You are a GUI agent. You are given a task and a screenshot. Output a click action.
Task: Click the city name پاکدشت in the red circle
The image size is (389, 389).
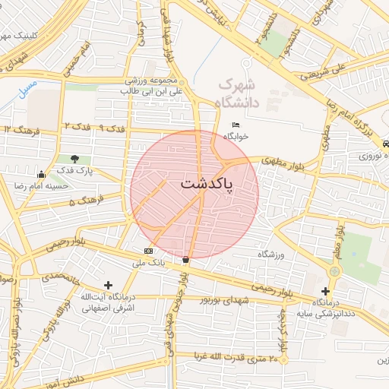click(x=207, y=184)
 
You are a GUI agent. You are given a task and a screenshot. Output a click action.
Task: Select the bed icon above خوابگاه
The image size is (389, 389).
click(x=236, y=125)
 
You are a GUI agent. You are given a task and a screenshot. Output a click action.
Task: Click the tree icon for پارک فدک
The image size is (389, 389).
click(x=74, y=159)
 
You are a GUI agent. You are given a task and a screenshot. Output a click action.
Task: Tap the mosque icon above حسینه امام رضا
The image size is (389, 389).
click(x=40, y=174)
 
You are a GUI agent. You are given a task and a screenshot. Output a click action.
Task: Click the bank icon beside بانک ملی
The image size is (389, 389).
click(x=147, y=251)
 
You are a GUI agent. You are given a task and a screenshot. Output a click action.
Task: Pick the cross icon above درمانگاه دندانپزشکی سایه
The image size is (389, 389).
click(x=325, y=291)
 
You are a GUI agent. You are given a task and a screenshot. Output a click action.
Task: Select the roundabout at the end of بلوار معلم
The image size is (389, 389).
click(x=334, y=271)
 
